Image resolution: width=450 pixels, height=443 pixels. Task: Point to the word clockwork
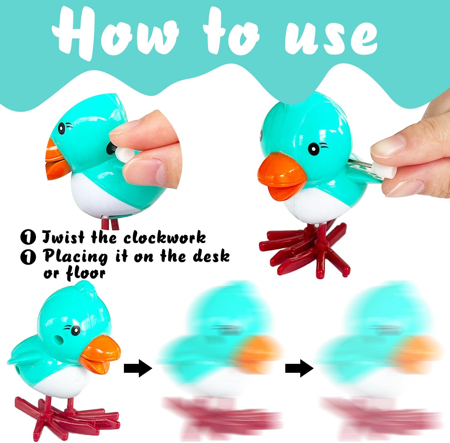(165, 238)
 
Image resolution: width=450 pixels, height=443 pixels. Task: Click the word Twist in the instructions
(63, 237)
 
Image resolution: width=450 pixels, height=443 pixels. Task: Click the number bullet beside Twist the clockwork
(28, 238)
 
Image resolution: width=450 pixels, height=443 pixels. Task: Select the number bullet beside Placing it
(28, 257)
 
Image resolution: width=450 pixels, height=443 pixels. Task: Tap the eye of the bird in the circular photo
(62, 128)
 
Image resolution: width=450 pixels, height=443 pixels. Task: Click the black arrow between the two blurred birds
(299, 368)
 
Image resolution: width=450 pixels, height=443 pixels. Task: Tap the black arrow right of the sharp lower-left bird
(138, 368)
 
